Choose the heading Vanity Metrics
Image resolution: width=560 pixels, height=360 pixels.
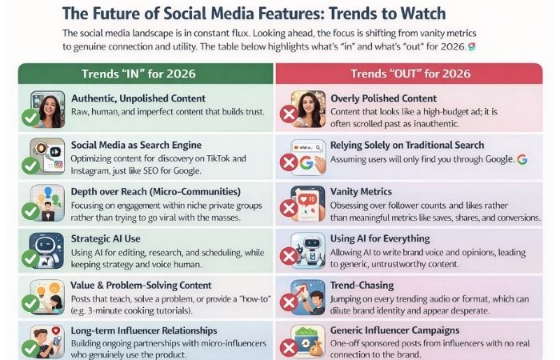tap(362, 192)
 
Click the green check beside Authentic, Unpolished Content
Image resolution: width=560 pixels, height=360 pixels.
tap(30, 118)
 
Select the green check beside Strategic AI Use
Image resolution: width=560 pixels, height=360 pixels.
tap(30, 258)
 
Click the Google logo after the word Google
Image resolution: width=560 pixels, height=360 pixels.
tap(522, 159)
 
